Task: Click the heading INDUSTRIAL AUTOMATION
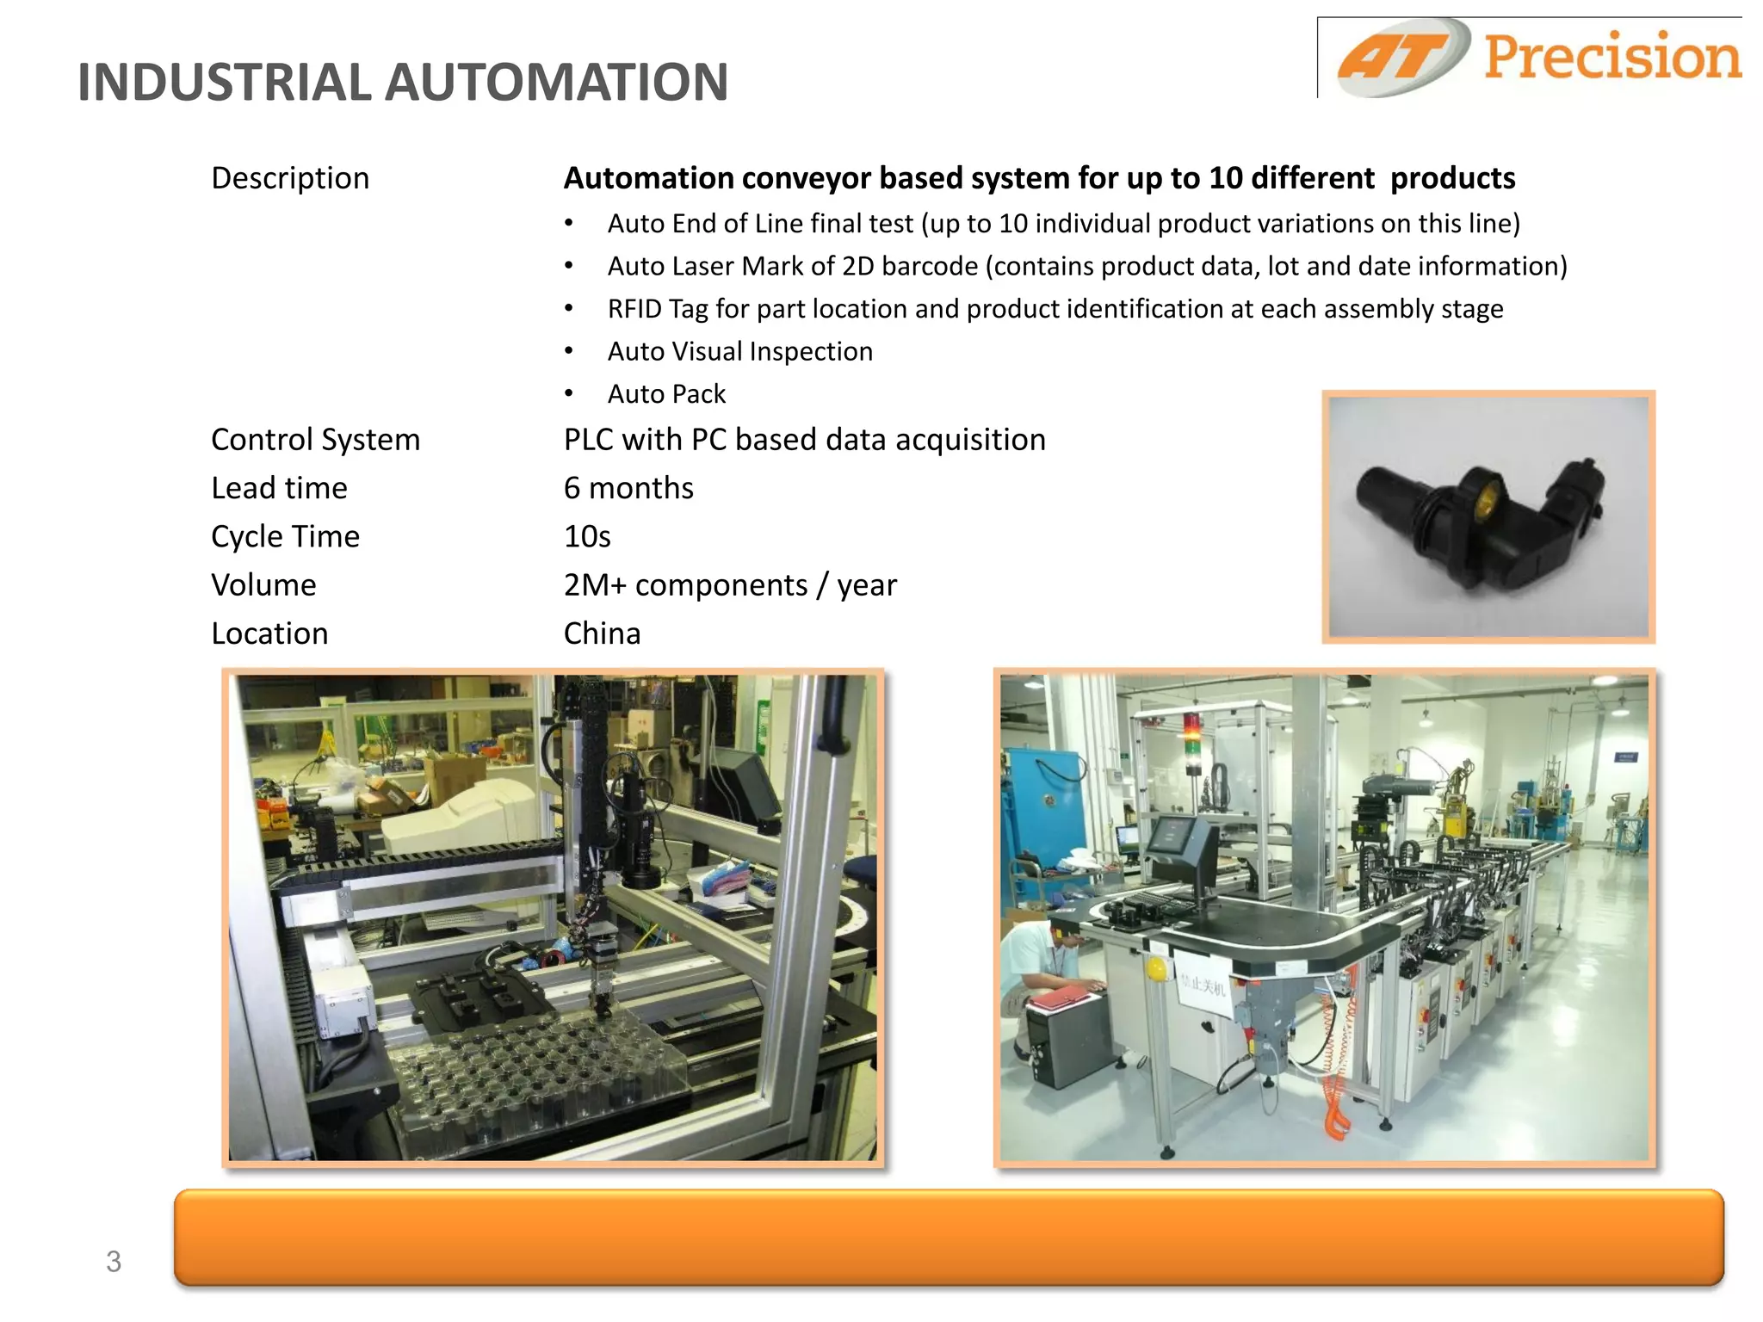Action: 403,83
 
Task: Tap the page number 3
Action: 114,1262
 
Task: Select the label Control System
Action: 315,440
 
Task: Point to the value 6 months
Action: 628,488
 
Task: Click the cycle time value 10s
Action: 587,537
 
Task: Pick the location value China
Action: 602,633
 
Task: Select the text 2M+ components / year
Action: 730,585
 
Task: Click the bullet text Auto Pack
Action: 666,394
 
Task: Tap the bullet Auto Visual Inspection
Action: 739,351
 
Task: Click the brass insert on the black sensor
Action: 1484,500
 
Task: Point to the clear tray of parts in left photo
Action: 534,1076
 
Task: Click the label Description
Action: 290,178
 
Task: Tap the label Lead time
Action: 279,488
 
